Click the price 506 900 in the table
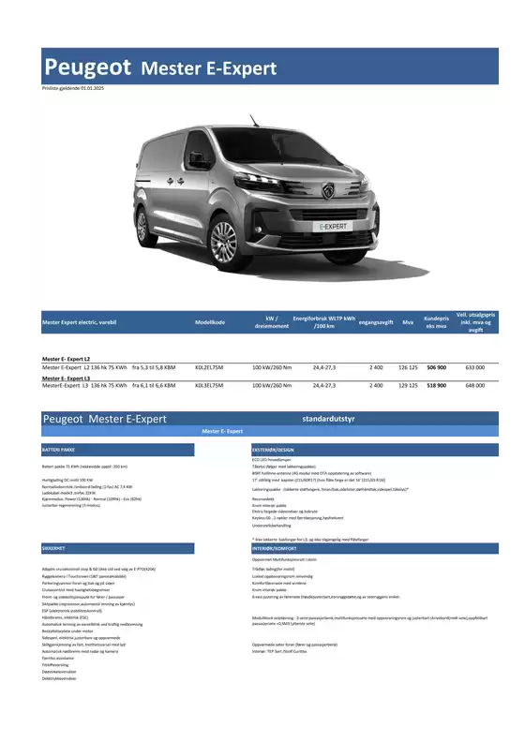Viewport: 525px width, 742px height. [x=436, y=368]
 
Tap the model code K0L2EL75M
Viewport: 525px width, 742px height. [x=211, y=368]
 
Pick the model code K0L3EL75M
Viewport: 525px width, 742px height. [x=211, y=385]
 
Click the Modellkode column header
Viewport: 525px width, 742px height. [x=210, y=322]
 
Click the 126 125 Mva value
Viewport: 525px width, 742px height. [x=408, y=368]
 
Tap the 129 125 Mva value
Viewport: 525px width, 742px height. [x=408, y=385]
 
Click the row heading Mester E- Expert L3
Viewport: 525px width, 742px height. [x=67, y=378]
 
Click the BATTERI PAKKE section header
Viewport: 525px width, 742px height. [x=58, y=451]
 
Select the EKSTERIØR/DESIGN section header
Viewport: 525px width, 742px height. [x=274, y=451]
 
